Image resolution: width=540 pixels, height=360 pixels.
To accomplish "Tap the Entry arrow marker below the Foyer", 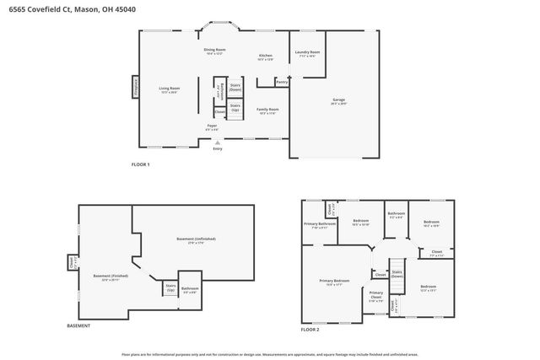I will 218,144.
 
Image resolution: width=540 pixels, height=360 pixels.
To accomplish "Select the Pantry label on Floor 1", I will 282,83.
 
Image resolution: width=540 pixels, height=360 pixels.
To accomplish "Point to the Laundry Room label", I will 306,54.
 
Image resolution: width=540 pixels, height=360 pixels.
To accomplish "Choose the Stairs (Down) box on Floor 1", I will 235,87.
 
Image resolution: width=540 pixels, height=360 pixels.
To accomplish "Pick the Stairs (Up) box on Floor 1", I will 235,107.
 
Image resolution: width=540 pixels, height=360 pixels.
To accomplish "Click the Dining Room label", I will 214,51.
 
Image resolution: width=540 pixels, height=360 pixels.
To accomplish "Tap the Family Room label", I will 267,110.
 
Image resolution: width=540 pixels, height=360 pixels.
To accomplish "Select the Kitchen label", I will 265,56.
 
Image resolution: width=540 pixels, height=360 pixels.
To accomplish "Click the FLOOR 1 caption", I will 140,164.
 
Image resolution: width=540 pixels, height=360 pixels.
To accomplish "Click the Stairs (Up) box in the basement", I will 170,288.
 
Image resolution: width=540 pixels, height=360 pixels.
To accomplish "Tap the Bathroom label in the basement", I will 190,289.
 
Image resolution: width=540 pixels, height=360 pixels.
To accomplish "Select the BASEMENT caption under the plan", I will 80,326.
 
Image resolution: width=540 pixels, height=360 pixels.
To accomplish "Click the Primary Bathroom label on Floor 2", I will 318,224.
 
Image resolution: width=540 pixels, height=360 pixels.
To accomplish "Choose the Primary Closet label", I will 376,294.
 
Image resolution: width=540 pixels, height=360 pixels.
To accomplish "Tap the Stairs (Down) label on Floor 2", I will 397,275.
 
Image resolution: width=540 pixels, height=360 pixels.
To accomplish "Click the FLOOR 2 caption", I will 311,329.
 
